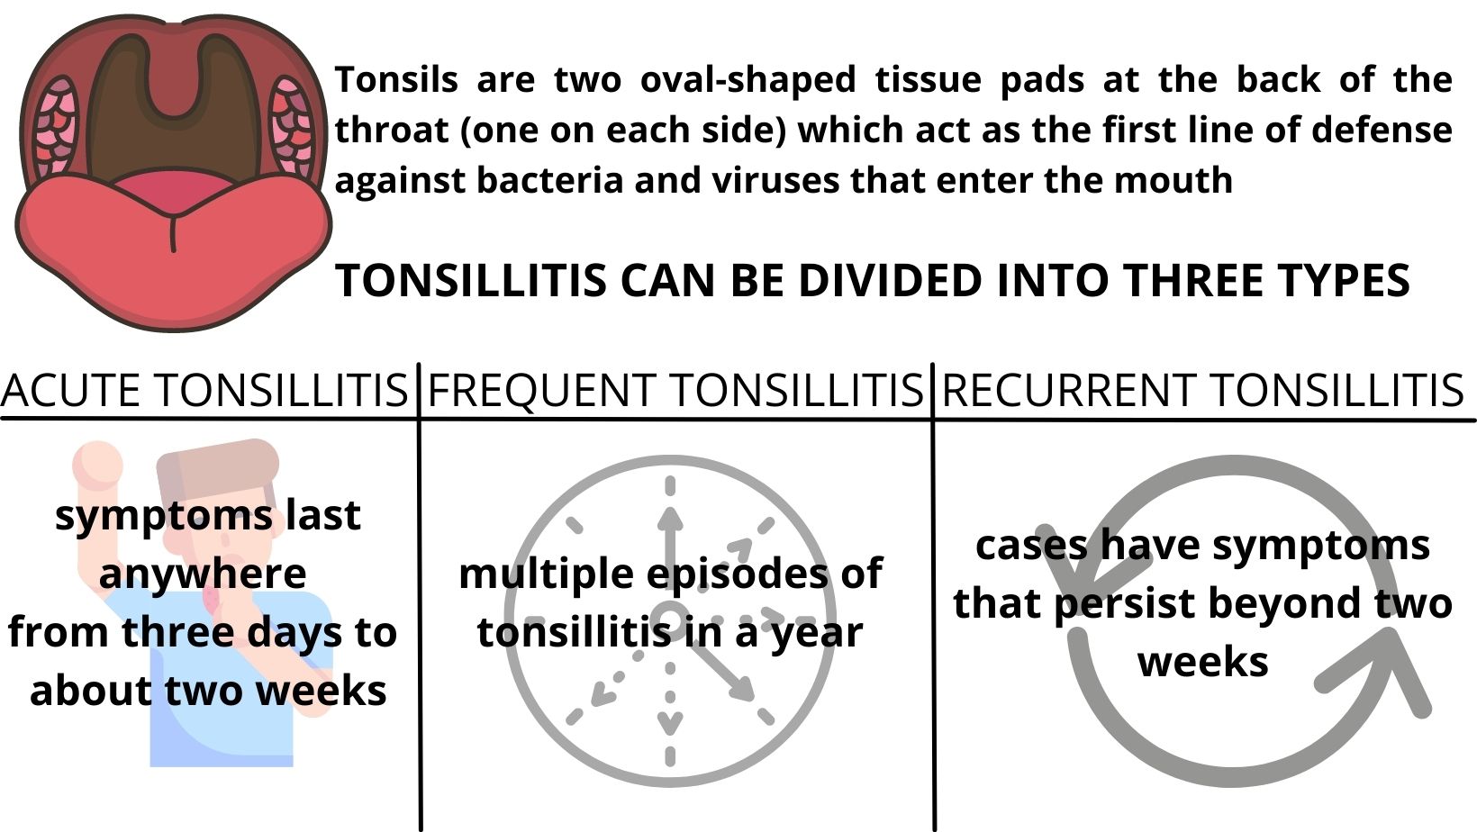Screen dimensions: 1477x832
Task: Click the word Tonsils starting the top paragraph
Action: click(396, 80)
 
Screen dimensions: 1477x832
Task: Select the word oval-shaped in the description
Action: click(748, 80)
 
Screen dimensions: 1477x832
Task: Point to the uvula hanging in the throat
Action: click(173, 79)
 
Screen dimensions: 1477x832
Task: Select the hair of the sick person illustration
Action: click(218, 472)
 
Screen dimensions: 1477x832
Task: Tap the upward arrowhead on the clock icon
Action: click(670, 520)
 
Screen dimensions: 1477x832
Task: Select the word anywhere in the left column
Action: click(203, 574)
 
